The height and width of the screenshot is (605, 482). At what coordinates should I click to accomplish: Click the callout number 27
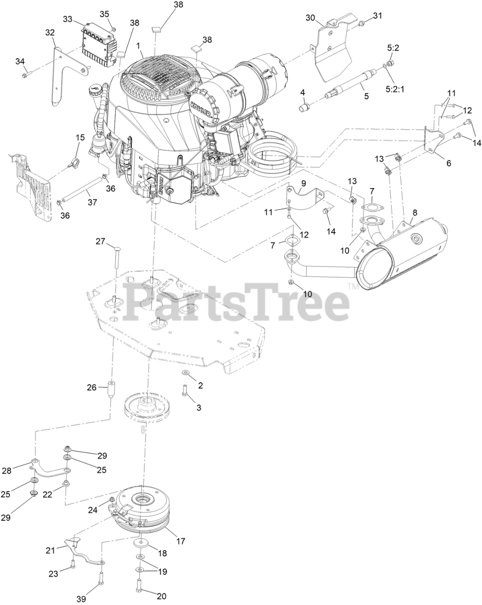[101, 242]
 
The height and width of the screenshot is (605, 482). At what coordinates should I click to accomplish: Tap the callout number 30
[310, 18]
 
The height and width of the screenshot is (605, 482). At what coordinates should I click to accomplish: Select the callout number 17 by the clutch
[181, 541]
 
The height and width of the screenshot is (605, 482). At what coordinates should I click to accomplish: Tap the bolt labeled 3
[184, 391]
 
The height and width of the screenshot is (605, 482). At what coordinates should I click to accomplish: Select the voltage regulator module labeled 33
[98, 43]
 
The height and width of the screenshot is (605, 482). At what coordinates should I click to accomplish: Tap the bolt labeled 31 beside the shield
[361, 23]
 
